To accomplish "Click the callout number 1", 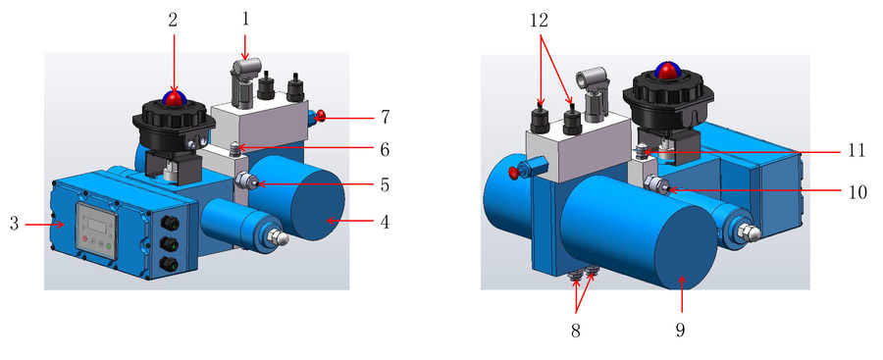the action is click(245, 20).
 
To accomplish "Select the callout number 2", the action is click(173, 20).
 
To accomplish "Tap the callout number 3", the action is click(14, 225).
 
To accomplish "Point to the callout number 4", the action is click(385, 222).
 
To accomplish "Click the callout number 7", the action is click(385, 117).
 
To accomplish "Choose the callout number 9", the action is click(680, 330).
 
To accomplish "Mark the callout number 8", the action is click(575, 331).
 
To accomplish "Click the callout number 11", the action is click(856, 152).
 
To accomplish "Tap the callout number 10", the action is click(856, 191).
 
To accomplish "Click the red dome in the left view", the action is click(175, 98).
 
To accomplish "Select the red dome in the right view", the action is click(668, 70).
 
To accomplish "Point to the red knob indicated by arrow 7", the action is click(321, 117).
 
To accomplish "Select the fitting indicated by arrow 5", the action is click(246, 181).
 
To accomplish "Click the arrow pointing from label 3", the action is click(45, 225).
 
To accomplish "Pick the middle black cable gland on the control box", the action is click(167, 243).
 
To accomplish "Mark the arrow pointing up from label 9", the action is click(681, 293).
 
